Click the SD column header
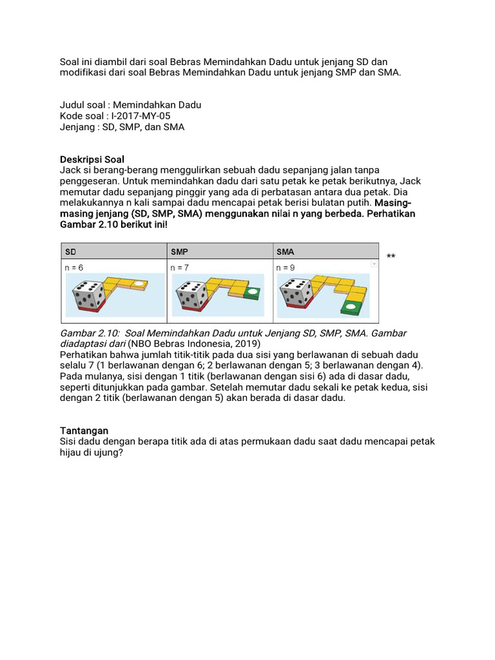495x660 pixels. pyautogui.click(x=70, y=251)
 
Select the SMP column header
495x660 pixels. pyautogui.click(x=180, y=251)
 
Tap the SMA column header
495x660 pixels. pyautogui.click(x=286, y=251)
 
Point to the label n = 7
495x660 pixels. pyautogui.click(x=181, y=267)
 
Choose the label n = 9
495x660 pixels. pyautogui.click(x=287, y=267)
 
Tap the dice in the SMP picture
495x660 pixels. pyautogui.click(x=192, y=295)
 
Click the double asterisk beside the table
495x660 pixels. pyautogui.click(x=391, y=257)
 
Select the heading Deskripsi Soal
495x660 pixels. pyautogui.click(x=92, y=159)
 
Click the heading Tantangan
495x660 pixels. pyautogui.click(x=84, y=430)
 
